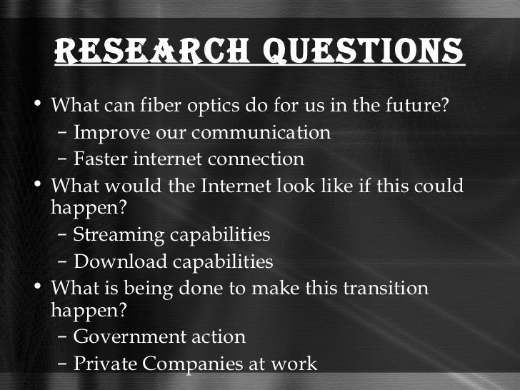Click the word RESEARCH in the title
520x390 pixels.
pos(142,49)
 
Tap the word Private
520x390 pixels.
pos(106,363)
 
